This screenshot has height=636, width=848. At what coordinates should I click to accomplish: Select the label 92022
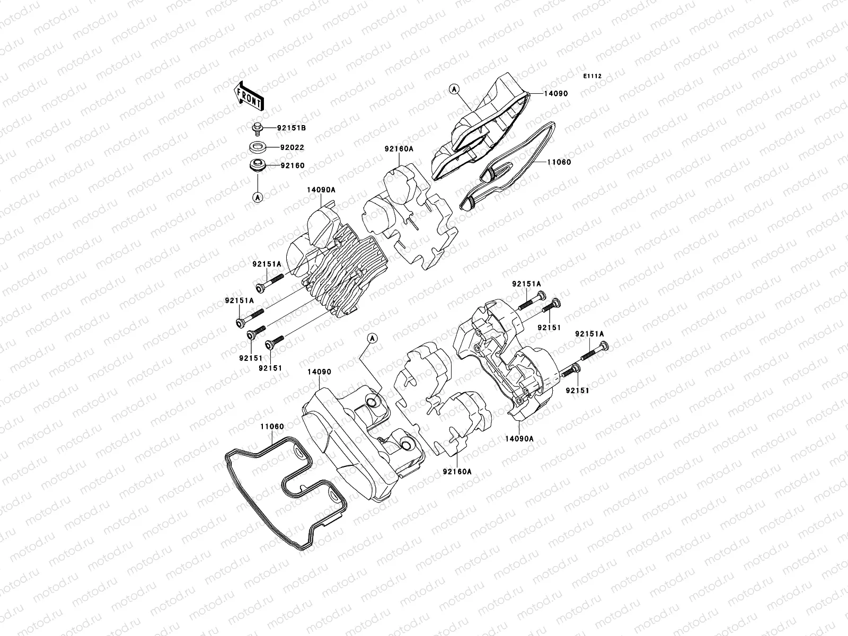click(293, 147)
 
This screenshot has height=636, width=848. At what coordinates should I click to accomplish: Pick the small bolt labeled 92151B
click(256, 128)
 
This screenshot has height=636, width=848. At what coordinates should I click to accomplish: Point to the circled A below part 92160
click(258, 197)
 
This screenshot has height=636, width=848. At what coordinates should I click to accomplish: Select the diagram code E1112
click(593, 76)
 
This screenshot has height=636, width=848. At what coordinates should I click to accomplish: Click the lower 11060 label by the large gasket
click(272, 426)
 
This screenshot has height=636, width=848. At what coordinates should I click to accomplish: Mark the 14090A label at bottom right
click(519, 439)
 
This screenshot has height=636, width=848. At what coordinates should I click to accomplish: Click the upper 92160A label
click(399, 149)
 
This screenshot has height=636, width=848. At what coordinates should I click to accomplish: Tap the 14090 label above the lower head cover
click(319, 372)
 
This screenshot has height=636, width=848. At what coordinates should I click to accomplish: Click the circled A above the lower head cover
click(372, 338)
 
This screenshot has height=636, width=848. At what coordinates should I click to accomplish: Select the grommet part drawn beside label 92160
click(257, 166)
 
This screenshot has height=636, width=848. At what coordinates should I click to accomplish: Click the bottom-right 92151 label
click(578, 390)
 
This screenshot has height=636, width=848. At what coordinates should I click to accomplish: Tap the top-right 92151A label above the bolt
click(526, 284)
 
